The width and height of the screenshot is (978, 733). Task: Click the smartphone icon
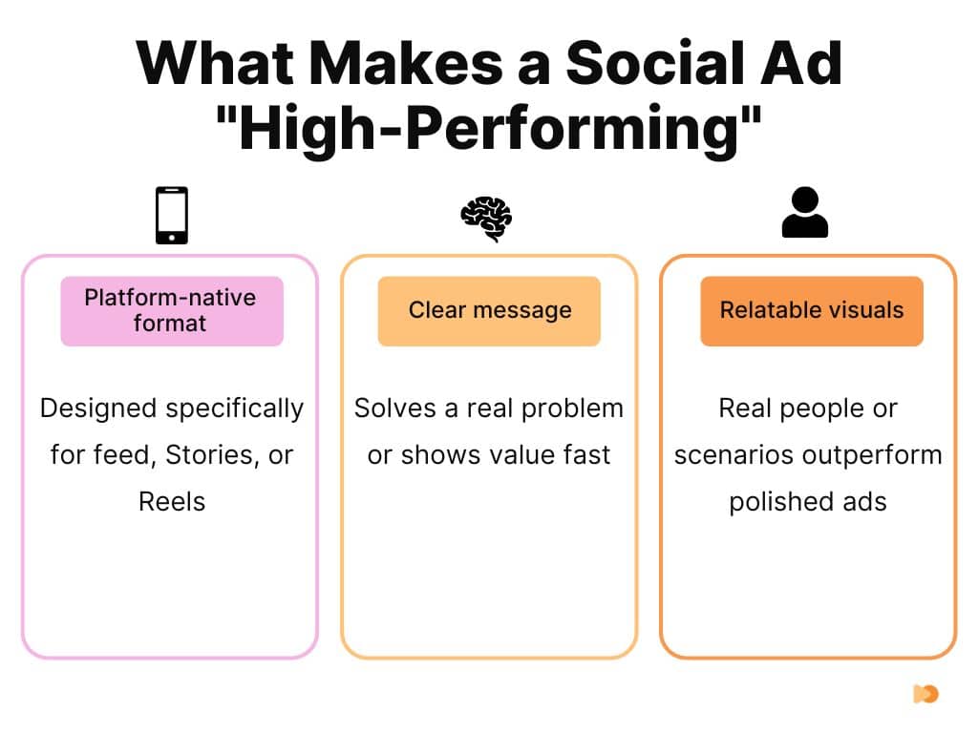[x=172, y=215]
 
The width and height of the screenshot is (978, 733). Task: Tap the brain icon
[x=486, y=218]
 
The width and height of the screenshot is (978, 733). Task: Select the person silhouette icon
[x=804, y=213]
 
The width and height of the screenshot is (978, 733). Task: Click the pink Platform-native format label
[x=172, y=310]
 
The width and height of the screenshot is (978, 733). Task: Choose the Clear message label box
[x=489, y=310]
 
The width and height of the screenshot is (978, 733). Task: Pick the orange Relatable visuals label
[x=812, y=310]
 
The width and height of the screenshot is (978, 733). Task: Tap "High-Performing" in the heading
[x=489, y=129]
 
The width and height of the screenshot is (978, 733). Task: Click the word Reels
[x=172, y=501]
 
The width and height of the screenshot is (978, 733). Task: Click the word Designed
[x=99, y=408]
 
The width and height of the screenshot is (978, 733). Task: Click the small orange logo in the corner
[x=925, y=694]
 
